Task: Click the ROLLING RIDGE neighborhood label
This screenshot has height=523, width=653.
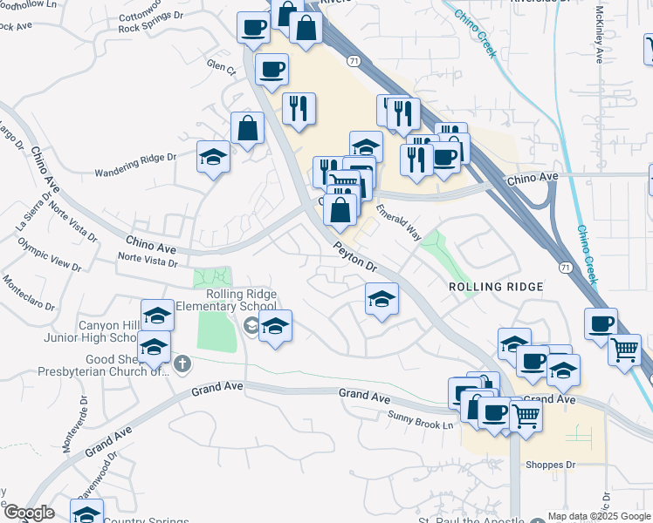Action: click(496, 287)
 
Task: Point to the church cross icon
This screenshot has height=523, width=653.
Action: click(182, 363)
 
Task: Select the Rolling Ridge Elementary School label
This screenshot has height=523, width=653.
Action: click(226, 301)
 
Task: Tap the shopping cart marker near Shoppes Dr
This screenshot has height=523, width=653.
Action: click(526, 416)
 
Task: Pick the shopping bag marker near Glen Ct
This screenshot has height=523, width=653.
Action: click(248, 129)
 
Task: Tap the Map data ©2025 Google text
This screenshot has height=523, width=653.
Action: click(599, 516)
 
